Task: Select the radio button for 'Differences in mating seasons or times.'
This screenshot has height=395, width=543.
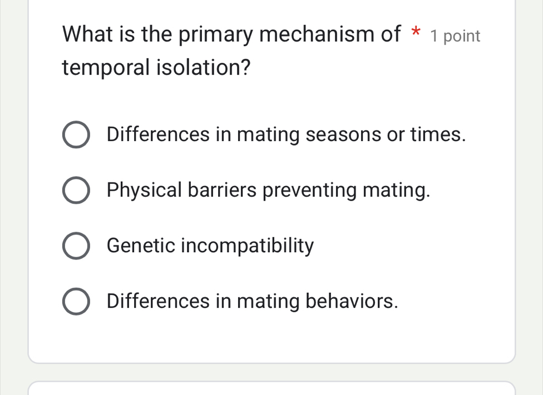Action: tap(76, 136)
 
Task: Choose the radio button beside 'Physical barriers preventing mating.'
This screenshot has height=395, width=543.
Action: tap(76, 191)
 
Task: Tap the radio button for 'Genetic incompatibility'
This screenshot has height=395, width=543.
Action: tap(76, 247)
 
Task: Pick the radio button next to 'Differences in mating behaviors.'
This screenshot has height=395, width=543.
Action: tap(76, 302)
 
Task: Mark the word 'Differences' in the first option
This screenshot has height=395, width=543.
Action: tap(159, 135)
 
